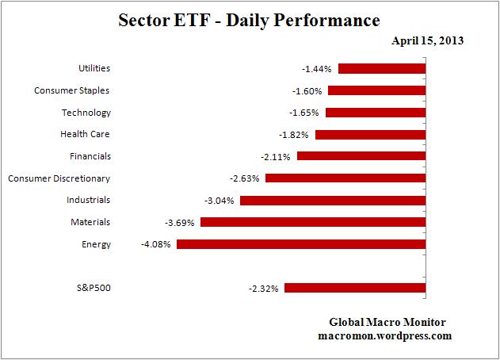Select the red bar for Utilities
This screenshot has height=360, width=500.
pyautogui.click(x=384, y=68)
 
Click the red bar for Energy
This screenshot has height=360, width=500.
pyautogui.click(x=301, y=244)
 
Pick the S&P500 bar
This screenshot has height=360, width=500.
pyautogui.click(x=355, y=288)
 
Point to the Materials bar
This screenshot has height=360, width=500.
pyautogui.click(x=313, y=222)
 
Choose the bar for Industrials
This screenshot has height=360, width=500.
pyautogui.click(x=333, y=201)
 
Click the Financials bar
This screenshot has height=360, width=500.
pyautogui.click(x=361, y=156)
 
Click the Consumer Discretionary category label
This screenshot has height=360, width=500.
pyautogui.click(x=59, y=178)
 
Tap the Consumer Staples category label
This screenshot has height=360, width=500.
pyautogui.click(x=72, y=90)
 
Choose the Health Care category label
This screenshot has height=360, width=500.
pyautogui.click(x=86, y=134)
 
